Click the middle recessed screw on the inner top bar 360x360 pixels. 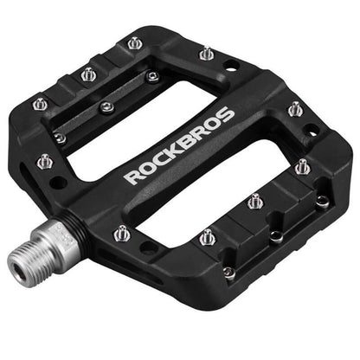106,107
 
